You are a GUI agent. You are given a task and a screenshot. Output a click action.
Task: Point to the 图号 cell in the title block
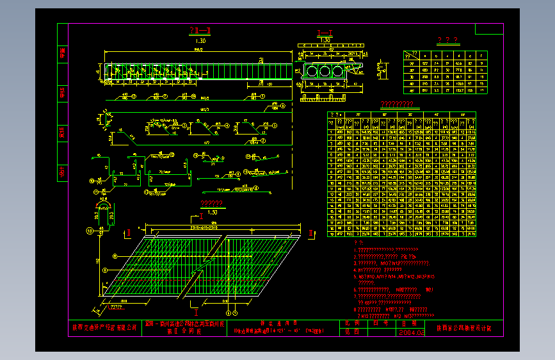[x=380, y=323]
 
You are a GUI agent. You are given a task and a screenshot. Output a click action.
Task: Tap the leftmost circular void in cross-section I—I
[x=312, y=70]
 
